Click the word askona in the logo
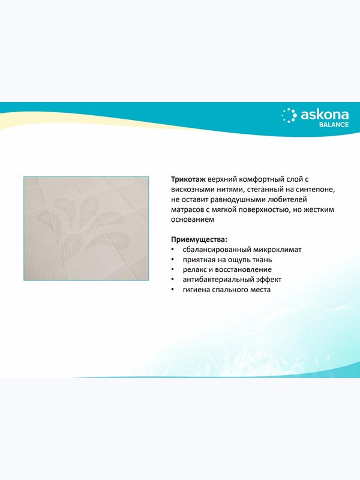point(325,115)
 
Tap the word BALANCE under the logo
point(334,125)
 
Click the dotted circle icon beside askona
point(289,116)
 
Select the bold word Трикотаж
point(188,179)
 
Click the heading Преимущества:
point(199,239)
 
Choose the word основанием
point(193,220)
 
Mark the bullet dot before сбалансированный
point(173,250)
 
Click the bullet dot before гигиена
point(173,290)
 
